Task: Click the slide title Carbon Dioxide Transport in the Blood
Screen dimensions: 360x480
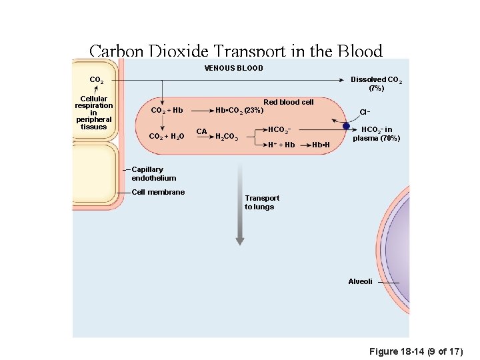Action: click(235, 51)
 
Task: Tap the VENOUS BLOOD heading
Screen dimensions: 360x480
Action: click(233, 68)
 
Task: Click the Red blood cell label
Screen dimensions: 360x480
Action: click(288, 102)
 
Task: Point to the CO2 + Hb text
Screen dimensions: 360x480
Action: click(167, 110)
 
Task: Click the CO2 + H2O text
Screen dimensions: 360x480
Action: click(168, 137)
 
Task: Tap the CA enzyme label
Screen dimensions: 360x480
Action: click(201, 131)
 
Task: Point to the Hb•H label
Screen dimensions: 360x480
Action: click(321, 145)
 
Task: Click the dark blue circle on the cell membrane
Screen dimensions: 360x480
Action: click(346, 126)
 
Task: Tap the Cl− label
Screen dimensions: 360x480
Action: click(365, 112)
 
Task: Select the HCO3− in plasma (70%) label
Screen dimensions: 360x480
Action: click(377, 134)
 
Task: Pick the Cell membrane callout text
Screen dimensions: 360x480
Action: click(158, 192)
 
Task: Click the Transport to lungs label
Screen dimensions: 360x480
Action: click(261, 202)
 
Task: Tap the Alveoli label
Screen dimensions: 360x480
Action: click(360, 281)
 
